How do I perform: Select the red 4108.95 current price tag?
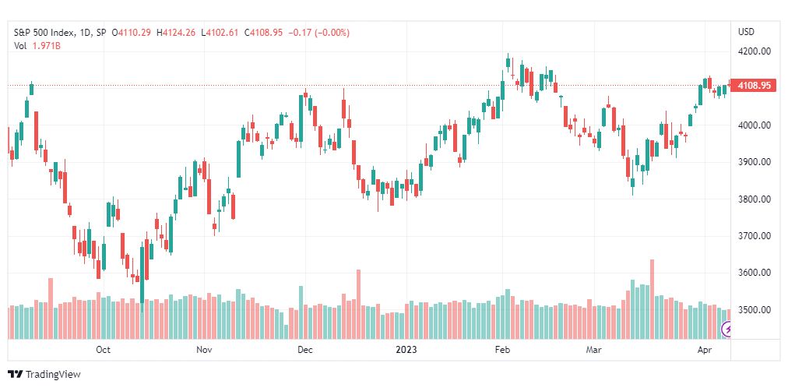(x=753, y=86)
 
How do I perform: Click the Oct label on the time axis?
(x=103, y=350)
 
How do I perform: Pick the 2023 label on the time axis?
(x=406, y=350)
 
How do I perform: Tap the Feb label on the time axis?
(x=502, y=350)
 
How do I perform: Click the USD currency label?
(x=746, y=32)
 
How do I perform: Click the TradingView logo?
(x=44, y=375)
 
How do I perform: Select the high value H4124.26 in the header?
(x=177, y=33)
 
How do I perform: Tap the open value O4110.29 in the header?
(x=132, y=33)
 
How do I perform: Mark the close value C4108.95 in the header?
(x=263, y=33)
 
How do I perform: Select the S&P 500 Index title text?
(x=44, y=33)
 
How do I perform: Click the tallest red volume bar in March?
(x=652, y=299)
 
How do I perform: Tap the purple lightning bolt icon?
(x=726, y=330)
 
